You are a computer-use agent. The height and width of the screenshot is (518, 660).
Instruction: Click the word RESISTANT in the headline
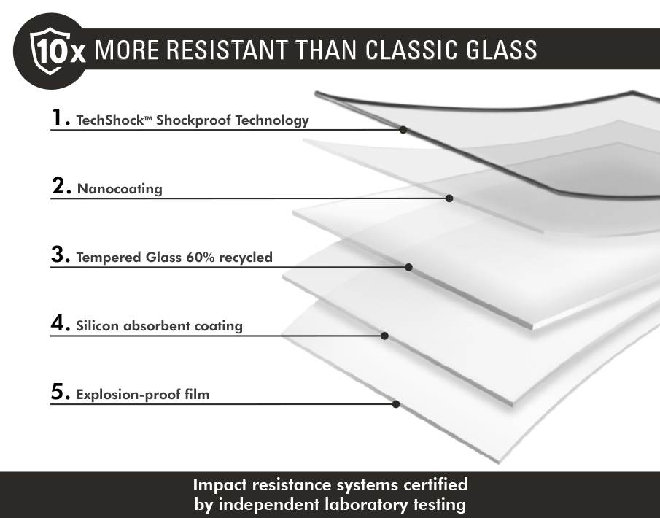[228, 50]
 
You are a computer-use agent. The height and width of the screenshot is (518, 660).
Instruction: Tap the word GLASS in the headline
[501, 50]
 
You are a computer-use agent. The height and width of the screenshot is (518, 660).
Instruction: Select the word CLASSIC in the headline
[411, 50]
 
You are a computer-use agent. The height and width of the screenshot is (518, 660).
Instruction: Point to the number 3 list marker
[61, 255]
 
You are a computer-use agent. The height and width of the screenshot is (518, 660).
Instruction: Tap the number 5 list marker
[61, 392]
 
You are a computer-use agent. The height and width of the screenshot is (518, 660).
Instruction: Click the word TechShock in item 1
[110, 120]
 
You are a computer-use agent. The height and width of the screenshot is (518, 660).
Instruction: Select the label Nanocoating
[120, 189]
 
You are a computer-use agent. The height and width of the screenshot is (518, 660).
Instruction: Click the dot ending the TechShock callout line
[403, 130]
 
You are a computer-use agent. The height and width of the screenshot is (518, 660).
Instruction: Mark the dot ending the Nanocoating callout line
[449, 198]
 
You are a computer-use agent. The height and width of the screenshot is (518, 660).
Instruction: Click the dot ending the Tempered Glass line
[408, 267]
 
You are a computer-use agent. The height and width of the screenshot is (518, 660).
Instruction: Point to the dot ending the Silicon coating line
[384, 336]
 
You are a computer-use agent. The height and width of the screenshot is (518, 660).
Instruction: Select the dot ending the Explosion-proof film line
[396, 404]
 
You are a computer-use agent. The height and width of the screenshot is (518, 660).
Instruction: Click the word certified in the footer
[435, 484]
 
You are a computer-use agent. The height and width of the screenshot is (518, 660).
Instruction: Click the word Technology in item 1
[272, 120]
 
